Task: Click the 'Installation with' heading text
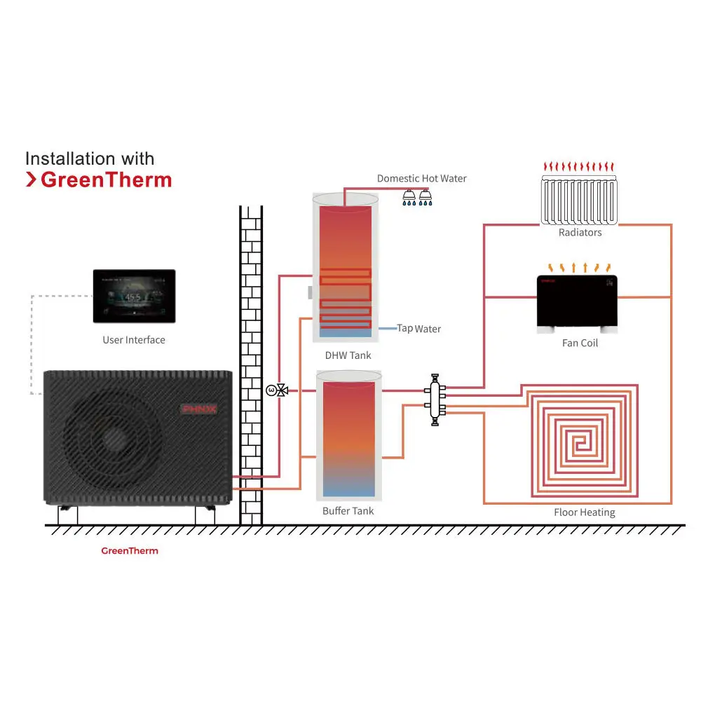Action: [90, 158]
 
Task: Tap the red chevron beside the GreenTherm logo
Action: [31, 180]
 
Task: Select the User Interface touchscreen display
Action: [134, 296]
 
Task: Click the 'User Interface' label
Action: [134, 340]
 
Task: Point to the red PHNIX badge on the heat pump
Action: [199, 408]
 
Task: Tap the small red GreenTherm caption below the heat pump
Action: [130, 551]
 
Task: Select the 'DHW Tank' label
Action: [348, 355]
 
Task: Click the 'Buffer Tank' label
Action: [348, 511]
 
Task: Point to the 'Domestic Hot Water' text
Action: [421, 179]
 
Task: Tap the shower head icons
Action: [417, 198]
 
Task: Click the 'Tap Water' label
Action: [419, 328]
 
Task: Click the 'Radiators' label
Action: [580, 233]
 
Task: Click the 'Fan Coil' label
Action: [580, 343]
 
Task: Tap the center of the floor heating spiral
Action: [579, 442]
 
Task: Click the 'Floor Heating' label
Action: [584, 512]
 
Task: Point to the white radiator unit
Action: [580, 200]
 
